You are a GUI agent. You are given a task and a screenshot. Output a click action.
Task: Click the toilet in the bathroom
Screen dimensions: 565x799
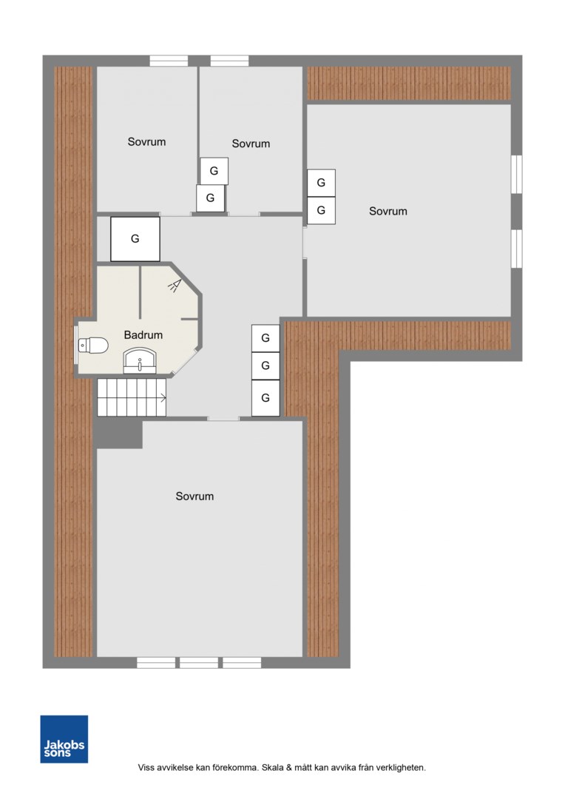[x=93, y=345]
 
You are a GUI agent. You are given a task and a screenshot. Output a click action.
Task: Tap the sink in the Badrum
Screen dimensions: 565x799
[x=140, y=361]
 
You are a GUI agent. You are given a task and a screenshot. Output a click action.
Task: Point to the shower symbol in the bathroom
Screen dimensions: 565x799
[x=175, y=286]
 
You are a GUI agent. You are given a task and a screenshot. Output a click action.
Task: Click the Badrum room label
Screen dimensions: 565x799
[x=143, y=335]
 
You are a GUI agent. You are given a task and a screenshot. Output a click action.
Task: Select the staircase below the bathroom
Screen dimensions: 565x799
[x=132, y=397]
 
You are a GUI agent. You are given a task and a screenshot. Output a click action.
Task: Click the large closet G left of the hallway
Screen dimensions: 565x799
[x=135, y=239]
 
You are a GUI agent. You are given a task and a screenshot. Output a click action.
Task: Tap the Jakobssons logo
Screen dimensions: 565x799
[x=64, y=739]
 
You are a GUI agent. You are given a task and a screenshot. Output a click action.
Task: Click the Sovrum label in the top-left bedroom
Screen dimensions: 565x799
[x=146, y=141]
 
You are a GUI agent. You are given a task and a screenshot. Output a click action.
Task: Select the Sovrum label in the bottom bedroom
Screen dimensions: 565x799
[x=194, y=496]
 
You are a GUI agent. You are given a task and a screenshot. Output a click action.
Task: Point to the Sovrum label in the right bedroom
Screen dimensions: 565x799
[x=388, y=211]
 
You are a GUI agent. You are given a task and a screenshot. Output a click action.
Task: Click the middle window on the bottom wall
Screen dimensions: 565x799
[x=199, y=662]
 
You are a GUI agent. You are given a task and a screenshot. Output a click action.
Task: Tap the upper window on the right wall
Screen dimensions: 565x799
[x=517, y=175]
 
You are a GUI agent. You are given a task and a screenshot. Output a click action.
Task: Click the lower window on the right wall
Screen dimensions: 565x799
[x=517, y=249]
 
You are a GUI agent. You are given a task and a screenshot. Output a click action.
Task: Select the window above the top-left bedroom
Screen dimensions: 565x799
[x=169, y=61]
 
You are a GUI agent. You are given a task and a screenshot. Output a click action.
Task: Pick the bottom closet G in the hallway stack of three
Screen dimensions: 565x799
[x=265, y=398]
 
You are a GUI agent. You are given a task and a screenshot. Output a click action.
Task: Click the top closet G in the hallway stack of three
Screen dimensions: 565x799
[x=265, y=338]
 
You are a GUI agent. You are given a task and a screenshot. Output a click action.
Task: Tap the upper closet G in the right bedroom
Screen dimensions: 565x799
[x=321, y=183]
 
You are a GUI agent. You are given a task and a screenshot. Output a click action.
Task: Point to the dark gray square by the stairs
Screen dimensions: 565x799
[x=119, y=433]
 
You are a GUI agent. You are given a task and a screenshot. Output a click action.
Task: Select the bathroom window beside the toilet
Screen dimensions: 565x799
[x=76, y=345]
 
